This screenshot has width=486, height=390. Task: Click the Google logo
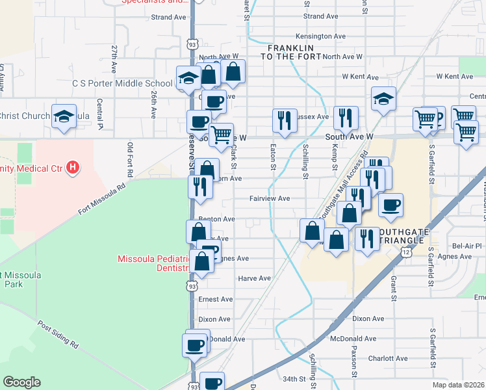point(21,382)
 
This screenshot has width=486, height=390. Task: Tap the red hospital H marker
point(73,168)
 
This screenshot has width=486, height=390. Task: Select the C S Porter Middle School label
point(122,83)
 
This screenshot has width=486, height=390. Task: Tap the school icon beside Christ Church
point(64,116)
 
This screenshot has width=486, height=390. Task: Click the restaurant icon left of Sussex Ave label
point(285,120)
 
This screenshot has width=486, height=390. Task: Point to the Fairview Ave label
point(270,198)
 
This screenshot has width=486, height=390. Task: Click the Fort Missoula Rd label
point(101,200)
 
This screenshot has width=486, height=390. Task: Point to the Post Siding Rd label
point(58,334)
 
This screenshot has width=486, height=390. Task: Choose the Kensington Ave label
point(320,36)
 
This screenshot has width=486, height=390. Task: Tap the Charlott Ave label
point(387,358)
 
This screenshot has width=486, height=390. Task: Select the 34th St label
point(294,378)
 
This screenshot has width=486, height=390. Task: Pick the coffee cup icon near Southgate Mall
point(390,205)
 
